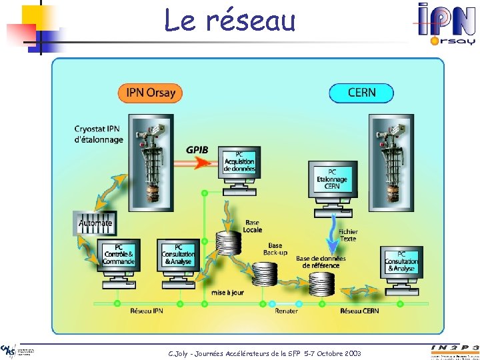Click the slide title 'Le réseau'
click(x=230, y=21)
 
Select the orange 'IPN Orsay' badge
click(x=150, y=93)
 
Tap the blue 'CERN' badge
click(x=361, y=93)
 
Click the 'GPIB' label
click(x=197, y=149)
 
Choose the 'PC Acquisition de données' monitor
click(x=239, y=161)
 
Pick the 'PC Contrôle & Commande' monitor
click(x=119, y=255)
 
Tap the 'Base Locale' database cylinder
click(x=229, y=243)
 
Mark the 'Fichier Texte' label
click(x=348, y=235)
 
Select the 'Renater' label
click(x=286, y=311)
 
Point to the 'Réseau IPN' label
click(x=147, y=311)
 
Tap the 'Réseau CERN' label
click(x=359, y=311)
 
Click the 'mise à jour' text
click(x=227, y=292)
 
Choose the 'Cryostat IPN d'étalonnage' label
click(x=99, y=134)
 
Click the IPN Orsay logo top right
click(x=446, y=23)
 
